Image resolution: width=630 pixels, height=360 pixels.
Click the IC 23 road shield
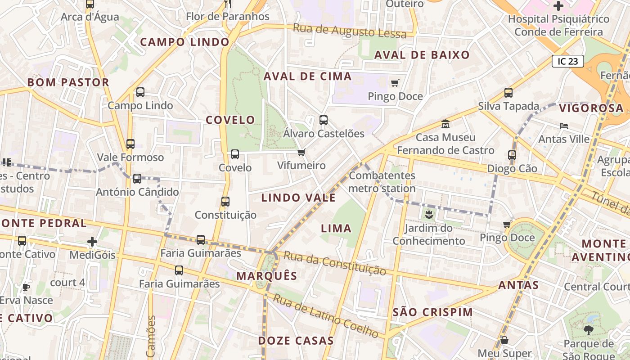pos(567,61)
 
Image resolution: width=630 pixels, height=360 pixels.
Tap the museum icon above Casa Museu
pos(445,124)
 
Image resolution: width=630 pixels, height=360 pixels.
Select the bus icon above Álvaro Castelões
pos(324,120)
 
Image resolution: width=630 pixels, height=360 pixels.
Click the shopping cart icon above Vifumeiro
pos(301,153)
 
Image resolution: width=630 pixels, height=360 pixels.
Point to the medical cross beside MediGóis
pos(92,242)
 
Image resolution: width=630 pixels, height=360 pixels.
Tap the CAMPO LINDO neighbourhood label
pos(185,42)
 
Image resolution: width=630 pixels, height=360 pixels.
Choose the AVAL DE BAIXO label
pos(422,55)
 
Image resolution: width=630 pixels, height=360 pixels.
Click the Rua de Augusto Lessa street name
pos(350,31)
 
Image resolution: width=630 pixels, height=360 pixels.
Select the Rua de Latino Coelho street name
pos(326,316)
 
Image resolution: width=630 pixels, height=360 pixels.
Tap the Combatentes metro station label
pos(382,182)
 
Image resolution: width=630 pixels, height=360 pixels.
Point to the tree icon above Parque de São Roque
pos(588,331)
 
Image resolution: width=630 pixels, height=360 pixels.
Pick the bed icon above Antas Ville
pos(564,126)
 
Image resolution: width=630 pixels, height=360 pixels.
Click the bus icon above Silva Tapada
pos(508,93)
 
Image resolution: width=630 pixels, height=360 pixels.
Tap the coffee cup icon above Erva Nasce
pos(26,287)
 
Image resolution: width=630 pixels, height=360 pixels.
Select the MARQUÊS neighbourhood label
pos(267,276)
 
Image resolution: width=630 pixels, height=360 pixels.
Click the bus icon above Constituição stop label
pos(225,202)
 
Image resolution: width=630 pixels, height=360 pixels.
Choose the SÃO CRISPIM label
pos(433,312)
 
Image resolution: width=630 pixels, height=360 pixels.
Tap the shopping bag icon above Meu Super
pos(504,340)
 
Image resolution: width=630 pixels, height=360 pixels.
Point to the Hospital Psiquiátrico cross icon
pos(558,6)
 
